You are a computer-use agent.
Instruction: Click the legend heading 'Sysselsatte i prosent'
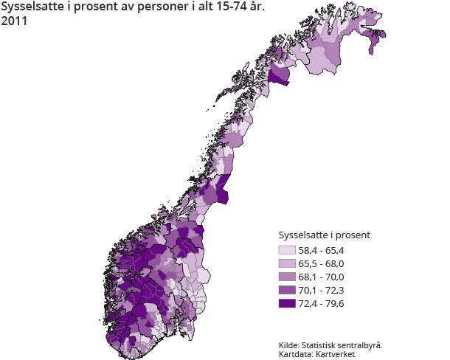tap(323, 235)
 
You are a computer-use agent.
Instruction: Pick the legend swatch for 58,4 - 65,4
tap(286, 251)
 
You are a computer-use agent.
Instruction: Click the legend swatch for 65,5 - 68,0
tap(286, 263)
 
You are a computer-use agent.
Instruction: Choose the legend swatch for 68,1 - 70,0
tap(286, 277)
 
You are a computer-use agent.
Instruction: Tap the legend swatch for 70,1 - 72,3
tap(286, 290)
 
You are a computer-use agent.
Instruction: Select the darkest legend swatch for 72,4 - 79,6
tap(286, 303)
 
